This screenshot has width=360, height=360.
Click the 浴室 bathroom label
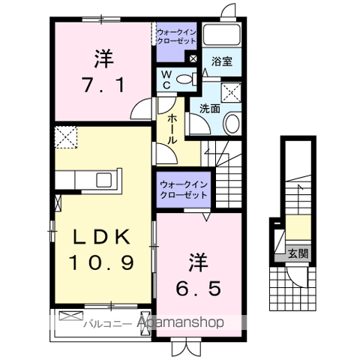point(222,61)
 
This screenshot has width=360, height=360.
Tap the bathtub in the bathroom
point(221,34)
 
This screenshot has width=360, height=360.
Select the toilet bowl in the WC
point(184,79)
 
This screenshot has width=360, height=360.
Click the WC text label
point(166,79)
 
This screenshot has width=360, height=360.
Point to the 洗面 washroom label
point(210,109)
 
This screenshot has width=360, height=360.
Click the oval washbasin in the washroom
point(232,123)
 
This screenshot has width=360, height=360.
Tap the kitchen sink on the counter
point(104,180)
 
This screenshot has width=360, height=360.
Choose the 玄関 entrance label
point(298,254)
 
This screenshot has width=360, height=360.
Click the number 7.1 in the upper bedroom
point(103,85)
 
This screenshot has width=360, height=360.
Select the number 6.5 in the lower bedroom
point(199,288)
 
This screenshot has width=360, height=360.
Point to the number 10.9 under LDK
point(101,262)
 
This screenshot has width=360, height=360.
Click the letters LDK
point(101,236)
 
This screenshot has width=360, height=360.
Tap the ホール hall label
point(172,129)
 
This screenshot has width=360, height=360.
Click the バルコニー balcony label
point(108,324)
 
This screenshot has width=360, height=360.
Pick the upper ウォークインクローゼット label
point(176,37)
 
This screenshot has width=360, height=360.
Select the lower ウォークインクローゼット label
point(184,190)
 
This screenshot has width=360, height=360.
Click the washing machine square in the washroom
point(232,93)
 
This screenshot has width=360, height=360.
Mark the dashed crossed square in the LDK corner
point(66,137)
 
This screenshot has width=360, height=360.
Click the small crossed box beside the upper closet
point(193,59)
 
